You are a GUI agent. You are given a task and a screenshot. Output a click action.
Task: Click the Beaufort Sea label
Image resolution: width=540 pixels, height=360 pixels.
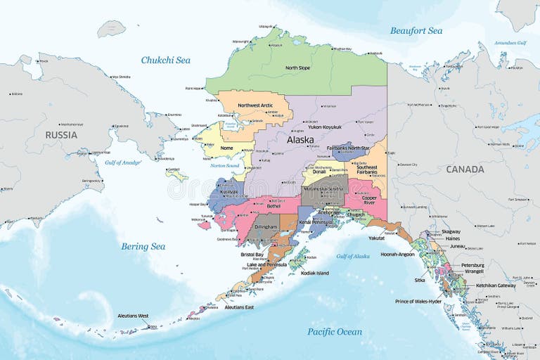(416, 31)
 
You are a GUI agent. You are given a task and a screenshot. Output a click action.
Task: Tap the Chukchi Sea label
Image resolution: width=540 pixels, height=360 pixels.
(165, 60)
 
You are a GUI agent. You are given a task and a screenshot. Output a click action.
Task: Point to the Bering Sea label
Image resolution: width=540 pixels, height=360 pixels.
(143, 246)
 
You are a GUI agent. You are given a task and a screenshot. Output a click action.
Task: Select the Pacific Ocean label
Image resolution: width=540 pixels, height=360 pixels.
(335, 331)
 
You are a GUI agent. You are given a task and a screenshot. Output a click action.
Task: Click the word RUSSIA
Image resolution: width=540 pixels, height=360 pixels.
(61, 134)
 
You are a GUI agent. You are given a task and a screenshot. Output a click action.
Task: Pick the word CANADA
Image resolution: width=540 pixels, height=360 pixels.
(465, 169)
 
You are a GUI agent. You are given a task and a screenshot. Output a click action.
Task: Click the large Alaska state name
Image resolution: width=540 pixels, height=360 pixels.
(300, 140)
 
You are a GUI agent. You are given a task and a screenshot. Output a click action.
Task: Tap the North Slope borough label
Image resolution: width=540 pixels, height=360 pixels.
(297, 68)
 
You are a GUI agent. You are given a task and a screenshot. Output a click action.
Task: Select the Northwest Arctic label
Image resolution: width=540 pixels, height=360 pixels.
(254, 105)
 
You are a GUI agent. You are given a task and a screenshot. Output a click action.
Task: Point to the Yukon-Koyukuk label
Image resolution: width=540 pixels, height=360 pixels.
(325, 127)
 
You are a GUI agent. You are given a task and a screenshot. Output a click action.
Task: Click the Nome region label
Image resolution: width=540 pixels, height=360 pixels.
(226, 148)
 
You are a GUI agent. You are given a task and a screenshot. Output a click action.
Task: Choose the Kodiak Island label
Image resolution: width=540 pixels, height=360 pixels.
(313, 273)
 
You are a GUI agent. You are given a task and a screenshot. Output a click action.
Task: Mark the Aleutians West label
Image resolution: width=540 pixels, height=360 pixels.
(133, 316)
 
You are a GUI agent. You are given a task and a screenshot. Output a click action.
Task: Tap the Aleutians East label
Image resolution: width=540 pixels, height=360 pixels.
(239, 307)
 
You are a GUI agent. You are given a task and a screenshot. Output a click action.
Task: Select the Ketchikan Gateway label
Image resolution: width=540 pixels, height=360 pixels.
(496, 285)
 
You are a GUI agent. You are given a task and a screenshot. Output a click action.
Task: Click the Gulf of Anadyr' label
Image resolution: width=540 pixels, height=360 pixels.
(123, 162)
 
